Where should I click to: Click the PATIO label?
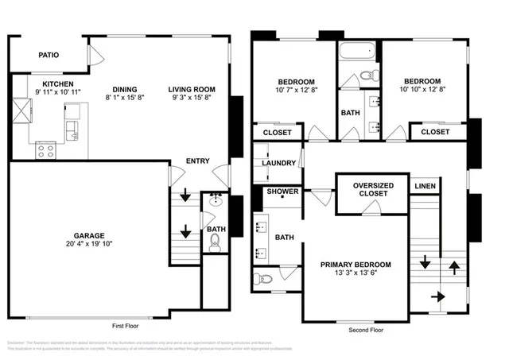[x=49, y=55]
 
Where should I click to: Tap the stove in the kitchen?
[x=45, y=148]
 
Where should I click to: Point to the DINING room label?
[x=124, y=89]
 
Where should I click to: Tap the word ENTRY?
[x=197, y=161]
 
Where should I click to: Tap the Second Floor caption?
[x=366, y=329]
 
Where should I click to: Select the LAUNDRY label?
[x=278, y=164]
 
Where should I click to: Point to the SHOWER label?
[x=282, y=192]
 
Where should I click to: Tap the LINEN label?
[x=425, y=187]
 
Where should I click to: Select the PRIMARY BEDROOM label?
[x=356, y=265]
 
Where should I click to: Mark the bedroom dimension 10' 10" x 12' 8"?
[x=422, y=90]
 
